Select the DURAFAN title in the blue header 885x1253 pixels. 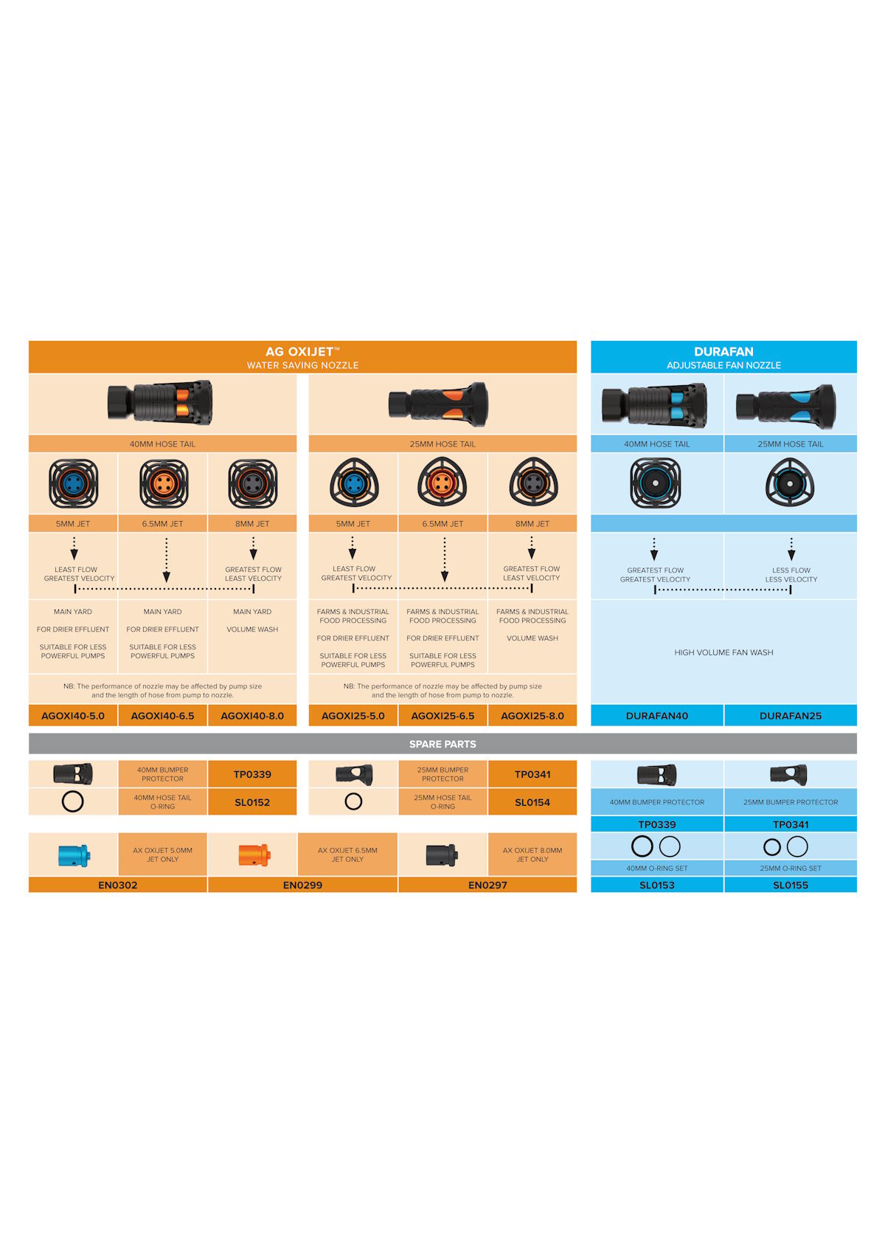(x=723, y=351)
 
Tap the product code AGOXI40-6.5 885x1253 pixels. (x=163, y=716)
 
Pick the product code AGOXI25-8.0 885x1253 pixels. (x=532, y=716)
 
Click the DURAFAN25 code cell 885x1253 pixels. (x=791, y=716)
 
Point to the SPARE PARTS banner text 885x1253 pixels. (x=442, y=744)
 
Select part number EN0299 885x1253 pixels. (x=302, y=885)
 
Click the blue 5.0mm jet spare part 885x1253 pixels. (x=74, y=855)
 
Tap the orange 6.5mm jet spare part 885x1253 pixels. (x=254, y=855)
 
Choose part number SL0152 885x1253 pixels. (x=252, y=802)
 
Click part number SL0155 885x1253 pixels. (x=791, y=885)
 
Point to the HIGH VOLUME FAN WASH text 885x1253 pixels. (x=723, y=652)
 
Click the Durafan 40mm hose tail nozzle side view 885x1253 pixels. (x=654, y=405)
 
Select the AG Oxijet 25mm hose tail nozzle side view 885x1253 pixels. (x=438, y=404)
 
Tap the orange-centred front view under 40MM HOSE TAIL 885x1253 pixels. (x=164, y=483)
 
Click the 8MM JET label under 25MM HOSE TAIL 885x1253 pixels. (x=532, y=524)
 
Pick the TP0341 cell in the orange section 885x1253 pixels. (x=532, y=774)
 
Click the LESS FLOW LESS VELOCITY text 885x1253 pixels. (x=791, y=575)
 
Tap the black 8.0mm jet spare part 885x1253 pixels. (x=442, y=855)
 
